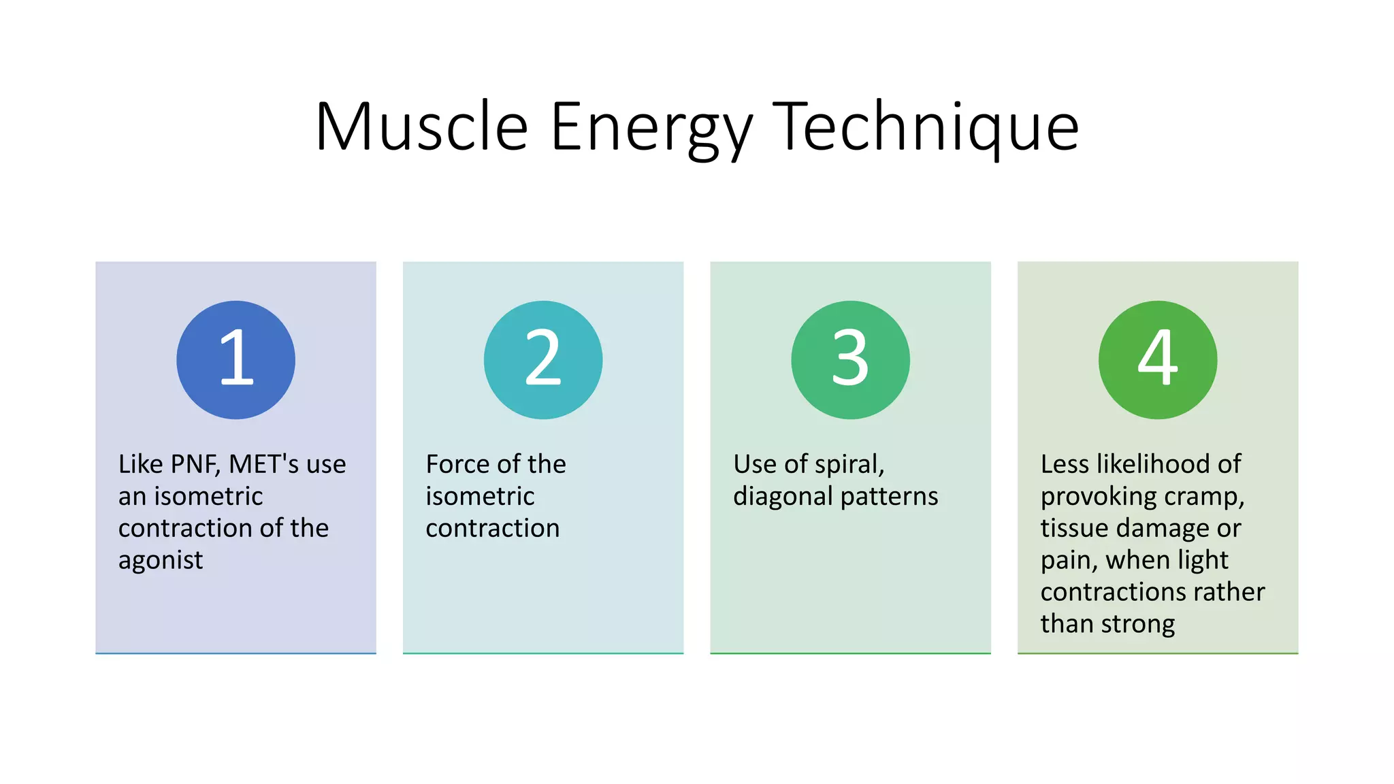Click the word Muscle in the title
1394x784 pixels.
(x=421, y=127)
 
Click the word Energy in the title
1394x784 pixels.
(x=650, y=127)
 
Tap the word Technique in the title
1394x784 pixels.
(x=926, y=127)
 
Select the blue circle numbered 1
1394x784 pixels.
(x=236, y=359)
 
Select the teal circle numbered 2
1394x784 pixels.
(x=543, y=359)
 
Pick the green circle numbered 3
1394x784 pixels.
(x=850, y=359)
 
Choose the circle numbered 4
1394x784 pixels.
(x=1158, y=359)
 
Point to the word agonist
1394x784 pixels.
(x=161, y=561)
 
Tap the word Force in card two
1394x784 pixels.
(x=455, y=464)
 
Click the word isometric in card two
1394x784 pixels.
(x=480, y=496)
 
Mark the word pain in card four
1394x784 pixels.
(x=1067, y=561)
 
